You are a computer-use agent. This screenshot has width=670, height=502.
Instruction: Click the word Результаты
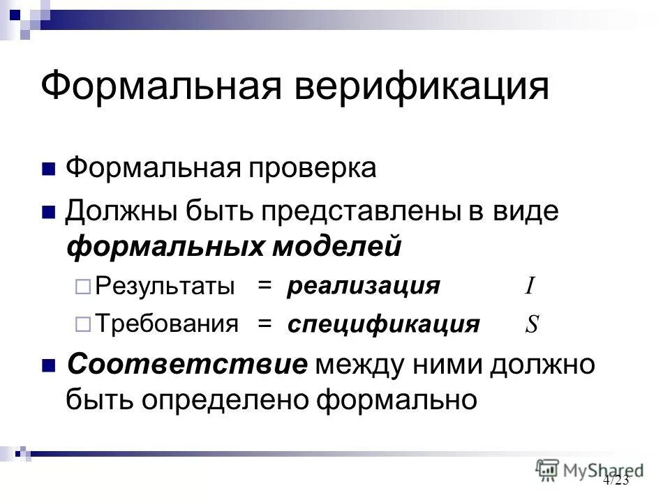tap(165, 286)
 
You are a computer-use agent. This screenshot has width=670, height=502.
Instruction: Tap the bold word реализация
tap(364, 286)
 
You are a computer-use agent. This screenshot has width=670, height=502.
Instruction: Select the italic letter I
tap(530, 286)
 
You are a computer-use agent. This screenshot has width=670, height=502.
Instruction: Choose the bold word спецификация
tap(383, 324)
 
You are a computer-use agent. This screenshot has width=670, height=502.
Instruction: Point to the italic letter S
tap(531, 324)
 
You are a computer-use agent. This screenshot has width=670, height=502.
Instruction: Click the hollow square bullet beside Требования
tap(82, 324)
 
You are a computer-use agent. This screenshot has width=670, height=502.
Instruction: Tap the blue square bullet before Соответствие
tap(49, 365)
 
